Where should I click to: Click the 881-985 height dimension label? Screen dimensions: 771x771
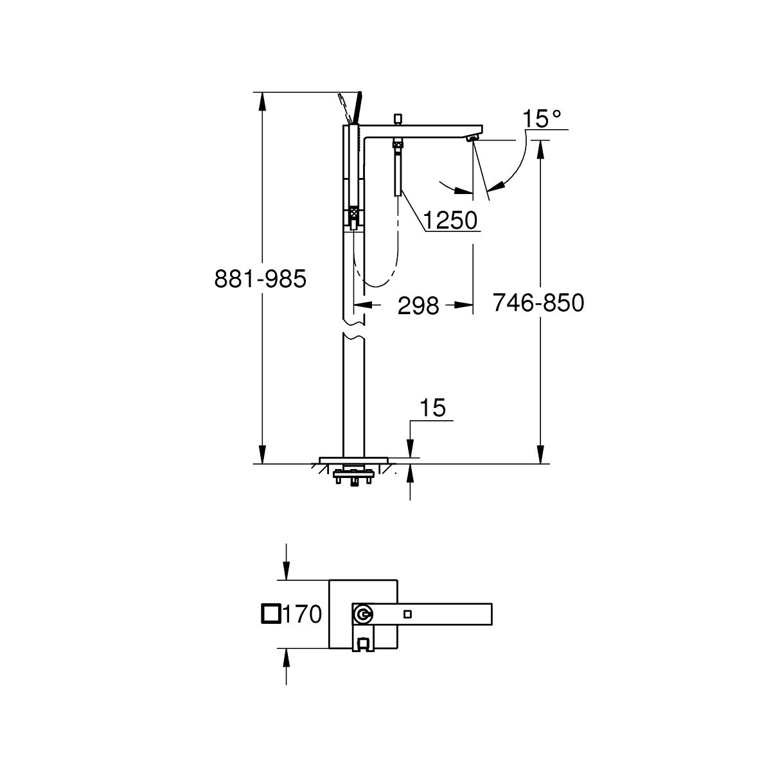[260, 279]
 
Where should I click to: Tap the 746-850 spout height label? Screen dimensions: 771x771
[538, 303]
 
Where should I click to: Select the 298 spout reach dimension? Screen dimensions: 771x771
[418, 306]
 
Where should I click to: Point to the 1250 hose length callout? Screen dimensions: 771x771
[450, 220]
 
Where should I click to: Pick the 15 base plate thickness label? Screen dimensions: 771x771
[432, 408]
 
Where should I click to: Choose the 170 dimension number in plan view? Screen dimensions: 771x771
[303, 614]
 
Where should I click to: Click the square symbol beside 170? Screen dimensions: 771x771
[271, 614]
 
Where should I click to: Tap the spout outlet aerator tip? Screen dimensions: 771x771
[472, 138]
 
